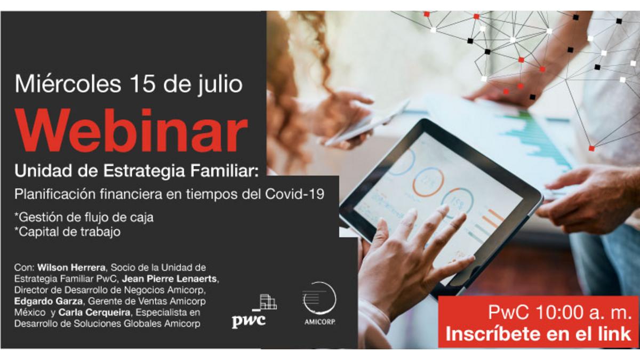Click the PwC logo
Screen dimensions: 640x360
(254, 311)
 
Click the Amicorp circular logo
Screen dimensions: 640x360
(319, 303)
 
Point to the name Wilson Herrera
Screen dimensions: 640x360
(71, 268)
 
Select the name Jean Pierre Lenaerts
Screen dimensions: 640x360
(170, 278)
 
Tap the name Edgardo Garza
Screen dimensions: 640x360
(49, 301)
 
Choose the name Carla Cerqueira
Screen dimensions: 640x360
(94, 313)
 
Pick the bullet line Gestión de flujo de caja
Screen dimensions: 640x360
(84, 218)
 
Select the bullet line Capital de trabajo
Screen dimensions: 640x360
(67, 231)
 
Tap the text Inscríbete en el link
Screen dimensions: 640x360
(538, 334)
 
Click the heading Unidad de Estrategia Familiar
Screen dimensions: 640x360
(137, 171)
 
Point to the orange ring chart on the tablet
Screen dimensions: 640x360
(427, 182)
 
